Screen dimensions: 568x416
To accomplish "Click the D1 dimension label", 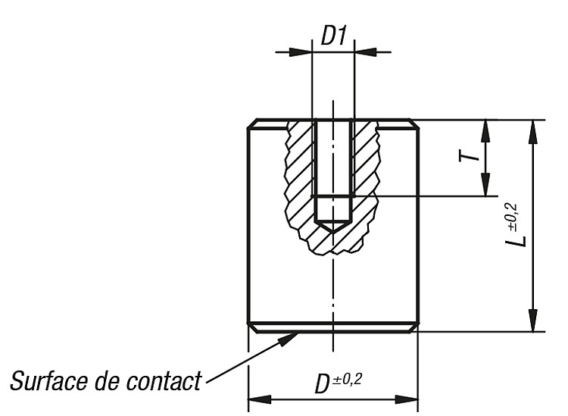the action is [x=334, y=36].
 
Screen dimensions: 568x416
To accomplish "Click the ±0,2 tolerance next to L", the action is [x=513, y=216].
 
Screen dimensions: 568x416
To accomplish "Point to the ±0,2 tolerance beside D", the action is [x=347, y=380].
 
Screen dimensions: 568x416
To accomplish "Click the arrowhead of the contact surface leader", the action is [x=290, y=339].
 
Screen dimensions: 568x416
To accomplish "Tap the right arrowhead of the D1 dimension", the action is [x=366, y=52].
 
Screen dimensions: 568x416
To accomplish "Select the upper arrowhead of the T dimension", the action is [x=485, y=131].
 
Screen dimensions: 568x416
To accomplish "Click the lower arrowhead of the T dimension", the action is [x=485, y=185].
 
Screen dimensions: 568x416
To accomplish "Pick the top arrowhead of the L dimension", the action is [x=533, y=132].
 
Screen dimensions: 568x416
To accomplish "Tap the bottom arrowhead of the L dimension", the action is [x=533, y=320].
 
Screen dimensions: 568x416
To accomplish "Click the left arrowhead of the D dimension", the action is [x=260, y=399].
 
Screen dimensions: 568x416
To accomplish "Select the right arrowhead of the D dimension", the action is [x=407, y=399].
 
